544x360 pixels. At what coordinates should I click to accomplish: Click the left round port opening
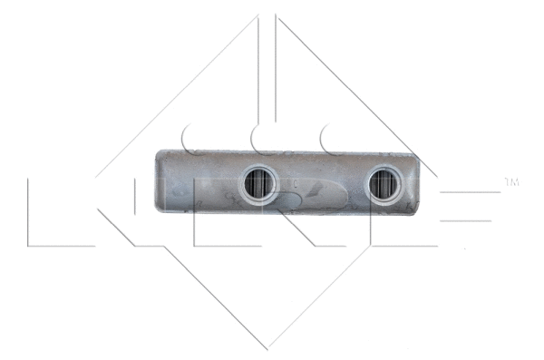click(x=259, y=185)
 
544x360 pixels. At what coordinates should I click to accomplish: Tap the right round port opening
click(x=384, y=185)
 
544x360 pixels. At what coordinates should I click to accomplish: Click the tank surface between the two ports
click(x=322, y=186)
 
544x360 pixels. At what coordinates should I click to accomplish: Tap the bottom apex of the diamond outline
click(x=268, y=348)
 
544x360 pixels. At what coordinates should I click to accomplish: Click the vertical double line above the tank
click(x=268, y=73)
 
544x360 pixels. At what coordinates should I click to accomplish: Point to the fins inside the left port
click(x=259, y=186)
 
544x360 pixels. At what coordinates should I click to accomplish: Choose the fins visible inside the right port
click(x=384, y=186)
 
